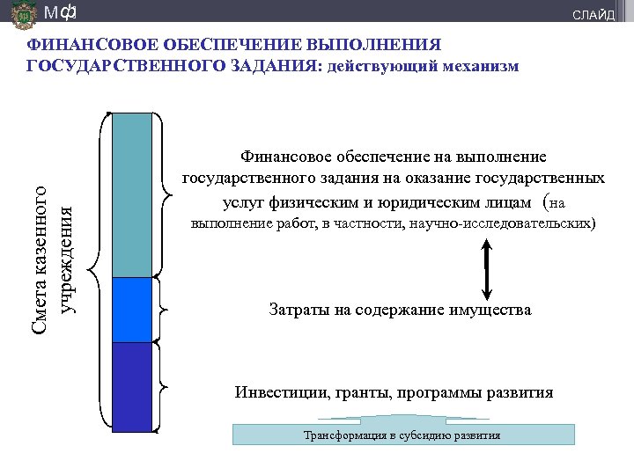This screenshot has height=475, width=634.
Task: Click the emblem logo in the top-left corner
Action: pyautogui.click(x=24, y=14)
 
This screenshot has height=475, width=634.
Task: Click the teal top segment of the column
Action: pyautogui.click(x=133, y=194)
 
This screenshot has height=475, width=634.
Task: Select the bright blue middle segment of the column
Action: pyautogui.click(x=133, y=309)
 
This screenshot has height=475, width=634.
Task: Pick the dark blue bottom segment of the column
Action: pyautogui.click(x=133, y=386)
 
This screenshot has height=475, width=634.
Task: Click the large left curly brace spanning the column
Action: pyautogui.click(x=103, y=272)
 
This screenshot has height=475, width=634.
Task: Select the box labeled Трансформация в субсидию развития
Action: pyautogui.click(x=402, y=435)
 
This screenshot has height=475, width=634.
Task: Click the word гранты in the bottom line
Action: pyautogui.click(x=358, y=392)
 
